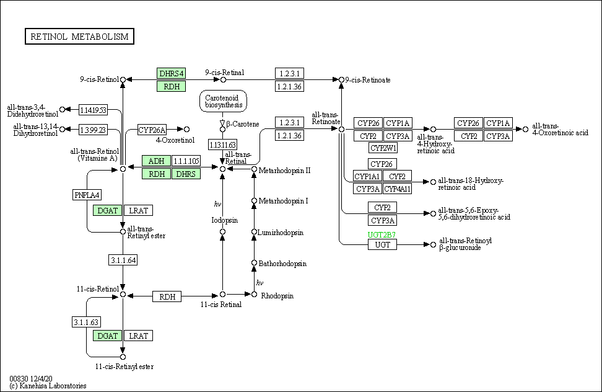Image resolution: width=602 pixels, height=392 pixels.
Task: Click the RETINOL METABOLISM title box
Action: [x=79, y=37]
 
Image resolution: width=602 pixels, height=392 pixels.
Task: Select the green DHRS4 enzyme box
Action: [x=171, y=73]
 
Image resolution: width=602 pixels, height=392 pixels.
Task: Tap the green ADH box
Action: [x=156, y=161]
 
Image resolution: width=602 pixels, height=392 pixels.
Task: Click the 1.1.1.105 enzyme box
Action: [x=186, y=161]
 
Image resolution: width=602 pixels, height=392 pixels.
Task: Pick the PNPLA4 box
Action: [x=87, y=195]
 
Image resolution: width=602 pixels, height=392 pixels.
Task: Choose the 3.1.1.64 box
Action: [x=123, y=260]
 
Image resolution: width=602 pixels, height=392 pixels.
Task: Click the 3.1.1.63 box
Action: [x=86, y=322]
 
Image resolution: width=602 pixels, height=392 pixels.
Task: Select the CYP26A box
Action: [x=152, y=130]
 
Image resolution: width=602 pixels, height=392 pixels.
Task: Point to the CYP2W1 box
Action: [x=383, y=148]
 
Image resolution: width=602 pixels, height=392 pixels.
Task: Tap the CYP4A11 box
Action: [x=398, y=189]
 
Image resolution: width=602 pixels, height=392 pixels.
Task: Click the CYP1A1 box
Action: [x=367, y=176]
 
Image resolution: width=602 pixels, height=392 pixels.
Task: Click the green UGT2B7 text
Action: [x=382, y=235]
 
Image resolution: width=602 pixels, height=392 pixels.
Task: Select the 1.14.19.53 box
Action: [x=93, y=110]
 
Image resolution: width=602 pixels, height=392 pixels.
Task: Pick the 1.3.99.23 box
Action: [x=93, y=130]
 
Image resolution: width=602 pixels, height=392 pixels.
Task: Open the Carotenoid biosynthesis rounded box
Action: [x=223, y=102]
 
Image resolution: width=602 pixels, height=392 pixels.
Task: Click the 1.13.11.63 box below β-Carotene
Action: [x=222, y=145]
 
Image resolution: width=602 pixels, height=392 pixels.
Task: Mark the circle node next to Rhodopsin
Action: [x=254, y=295]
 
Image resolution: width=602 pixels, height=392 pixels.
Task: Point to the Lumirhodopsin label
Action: [x=281, y=233]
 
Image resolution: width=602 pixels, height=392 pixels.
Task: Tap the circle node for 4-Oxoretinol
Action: [x=186, y=129]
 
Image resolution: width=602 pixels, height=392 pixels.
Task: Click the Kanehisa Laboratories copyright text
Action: [x=48, y=386]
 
